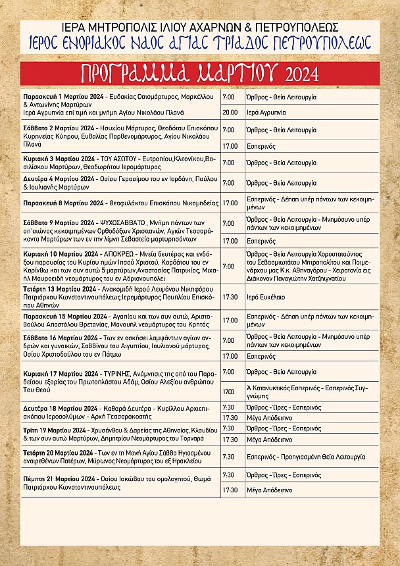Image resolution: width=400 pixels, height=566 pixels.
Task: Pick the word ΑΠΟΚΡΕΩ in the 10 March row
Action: click(x=116, y=253)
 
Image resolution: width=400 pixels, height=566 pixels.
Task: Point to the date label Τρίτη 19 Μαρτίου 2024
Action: click(x=57, y=428)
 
